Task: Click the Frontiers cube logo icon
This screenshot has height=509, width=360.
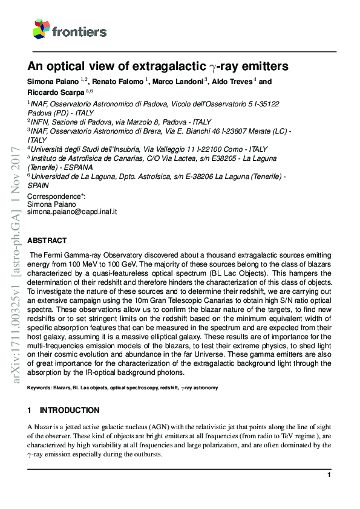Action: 41,29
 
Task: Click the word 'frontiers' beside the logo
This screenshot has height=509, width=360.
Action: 79,31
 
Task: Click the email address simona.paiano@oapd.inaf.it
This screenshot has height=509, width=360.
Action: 73,212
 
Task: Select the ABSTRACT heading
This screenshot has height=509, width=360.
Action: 48,240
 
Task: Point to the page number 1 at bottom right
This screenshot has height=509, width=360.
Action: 329,476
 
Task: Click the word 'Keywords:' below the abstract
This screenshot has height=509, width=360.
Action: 39,387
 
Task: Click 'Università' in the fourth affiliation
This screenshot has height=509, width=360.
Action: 50,149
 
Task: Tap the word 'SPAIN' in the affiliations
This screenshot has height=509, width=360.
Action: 39,186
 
